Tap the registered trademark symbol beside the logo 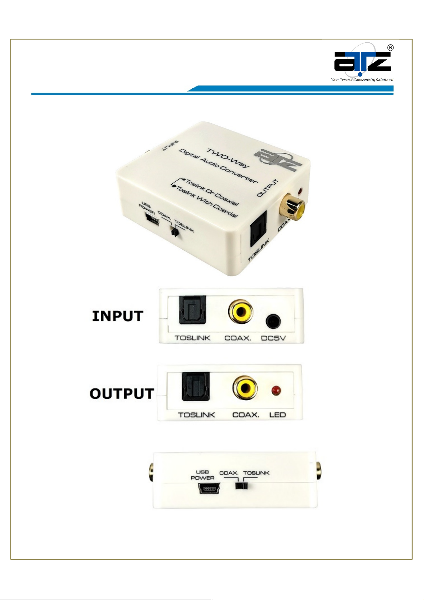coord(391,48)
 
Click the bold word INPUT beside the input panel coord(117,316)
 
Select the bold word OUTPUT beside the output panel coord(122,394)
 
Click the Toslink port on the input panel coord(192,310)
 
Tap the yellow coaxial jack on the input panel coord(241,311)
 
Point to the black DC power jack coord(273,321)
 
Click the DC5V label coord(273,338)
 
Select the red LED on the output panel coord(276,391)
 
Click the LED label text coord(277,415)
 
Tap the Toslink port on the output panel coord(195,386)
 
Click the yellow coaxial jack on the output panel coord(245,387)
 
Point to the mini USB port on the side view coord(209,489)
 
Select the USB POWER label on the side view coord(203,475)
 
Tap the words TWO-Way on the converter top coord(228,158)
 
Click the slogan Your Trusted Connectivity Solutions coord(362,80)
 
